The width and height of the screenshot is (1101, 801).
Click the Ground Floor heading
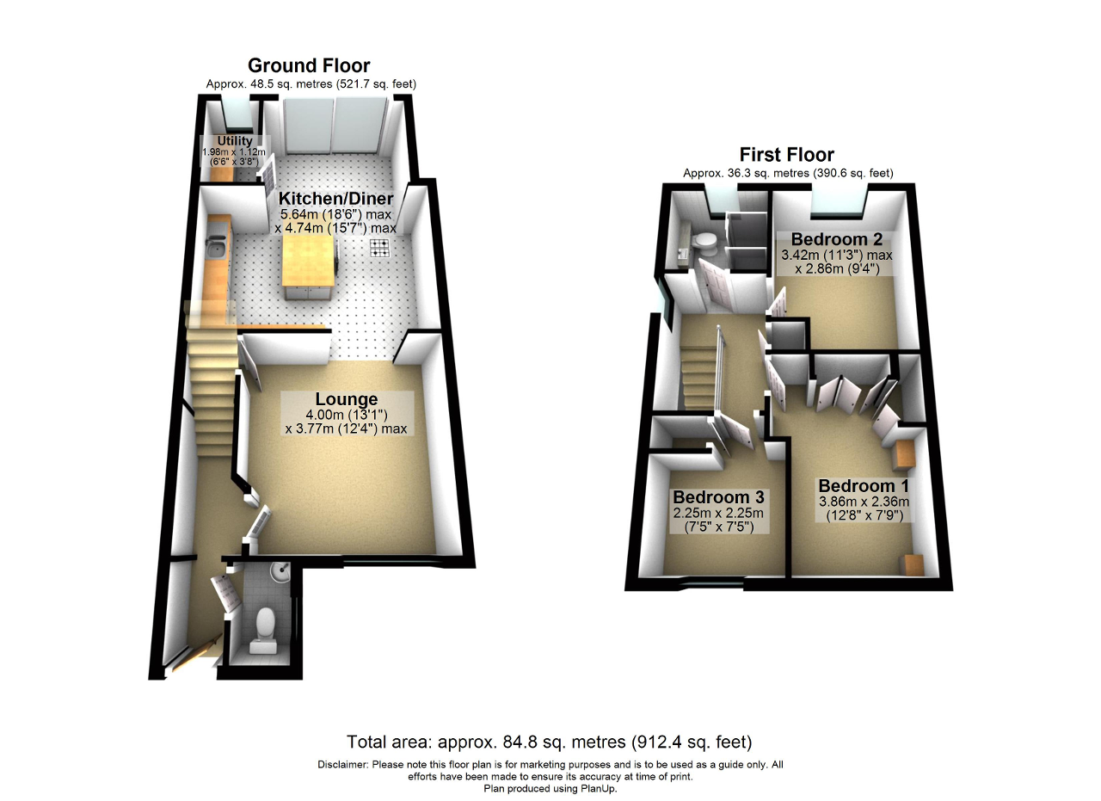[309, 65]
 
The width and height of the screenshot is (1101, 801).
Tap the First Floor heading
[786, 155]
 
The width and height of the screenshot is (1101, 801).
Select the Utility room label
[235, 140]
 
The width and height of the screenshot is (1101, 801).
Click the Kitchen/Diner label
[335, 198]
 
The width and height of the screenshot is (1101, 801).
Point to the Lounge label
[347, 398]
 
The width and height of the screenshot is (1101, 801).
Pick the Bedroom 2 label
[837, 239]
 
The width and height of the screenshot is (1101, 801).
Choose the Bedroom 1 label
[864, 486]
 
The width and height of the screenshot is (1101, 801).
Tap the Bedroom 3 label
[718, 497]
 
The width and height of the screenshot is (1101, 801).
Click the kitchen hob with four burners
[380, 249]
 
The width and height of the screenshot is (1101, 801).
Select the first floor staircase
[698, 377]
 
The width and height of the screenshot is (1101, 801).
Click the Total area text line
[550, 742]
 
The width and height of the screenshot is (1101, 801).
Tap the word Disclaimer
[342, 765]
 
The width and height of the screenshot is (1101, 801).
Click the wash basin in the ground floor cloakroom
[281, 572]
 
